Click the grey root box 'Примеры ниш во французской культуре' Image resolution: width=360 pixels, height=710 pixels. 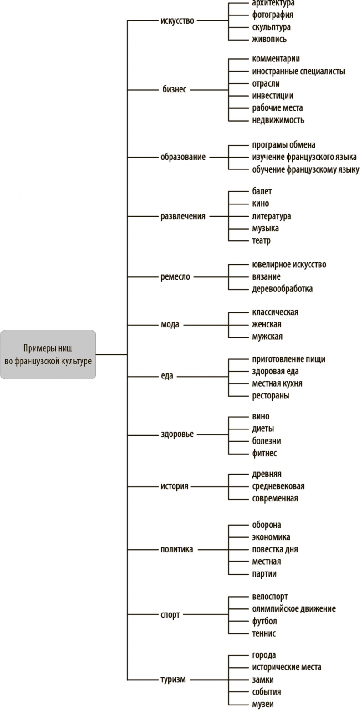coord(48,354)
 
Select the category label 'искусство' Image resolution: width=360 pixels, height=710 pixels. coord(177,21)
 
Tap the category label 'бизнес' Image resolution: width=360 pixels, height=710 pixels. coord(175,90)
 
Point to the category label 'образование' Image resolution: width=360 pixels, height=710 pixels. coord(183,157)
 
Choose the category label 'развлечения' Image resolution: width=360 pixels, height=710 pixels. coord(183,216)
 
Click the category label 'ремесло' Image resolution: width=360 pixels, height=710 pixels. coord(175,277)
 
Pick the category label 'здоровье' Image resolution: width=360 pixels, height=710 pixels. coord(177,434)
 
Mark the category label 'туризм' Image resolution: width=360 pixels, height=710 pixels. coord(173,679)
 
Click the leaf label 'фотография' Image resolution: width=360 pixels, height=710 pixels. coord(273,15)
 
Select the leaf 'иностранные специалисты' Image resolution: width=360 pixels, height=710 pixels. coord(298,72)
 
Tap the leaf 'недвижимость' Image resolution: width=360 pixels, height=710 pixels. coord(278,120)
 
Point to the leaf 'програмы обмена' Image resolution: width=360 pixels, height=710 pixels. coord(283,145)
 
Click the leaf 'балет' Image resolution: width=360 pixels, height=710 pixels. coord(262,191)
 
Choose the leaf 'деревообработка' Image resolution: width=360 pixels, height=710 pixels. coord(282,289)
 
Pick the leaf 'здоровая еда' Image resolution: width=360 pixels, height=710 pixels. coord(275,372)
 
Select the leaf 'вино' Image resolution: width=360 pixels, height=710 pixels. coord(261,417)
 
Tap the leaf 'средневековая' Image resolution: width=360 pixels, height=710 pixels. coord(278,486)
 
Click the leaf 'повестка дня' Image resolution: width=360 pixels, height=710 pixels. coord(275,549)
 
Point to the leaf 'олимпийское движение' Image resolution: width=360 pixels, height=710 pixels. coord(294,609)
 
